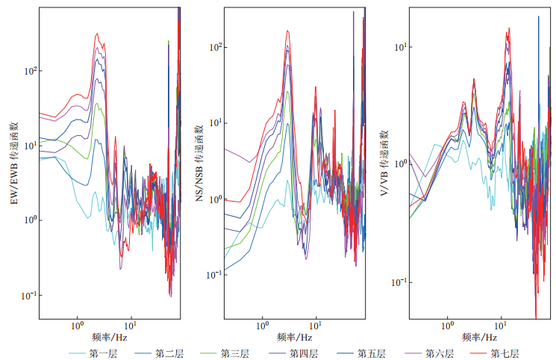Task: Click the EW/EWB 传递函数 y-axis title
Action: click(x=13, y=164)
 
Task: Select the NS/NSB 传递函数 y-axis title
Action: click(x=199, y=164)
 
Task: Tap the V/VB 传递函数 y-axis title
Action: click(x=384, y=164)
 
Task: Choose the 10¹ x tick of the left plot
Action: click(x=131, y=326)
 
